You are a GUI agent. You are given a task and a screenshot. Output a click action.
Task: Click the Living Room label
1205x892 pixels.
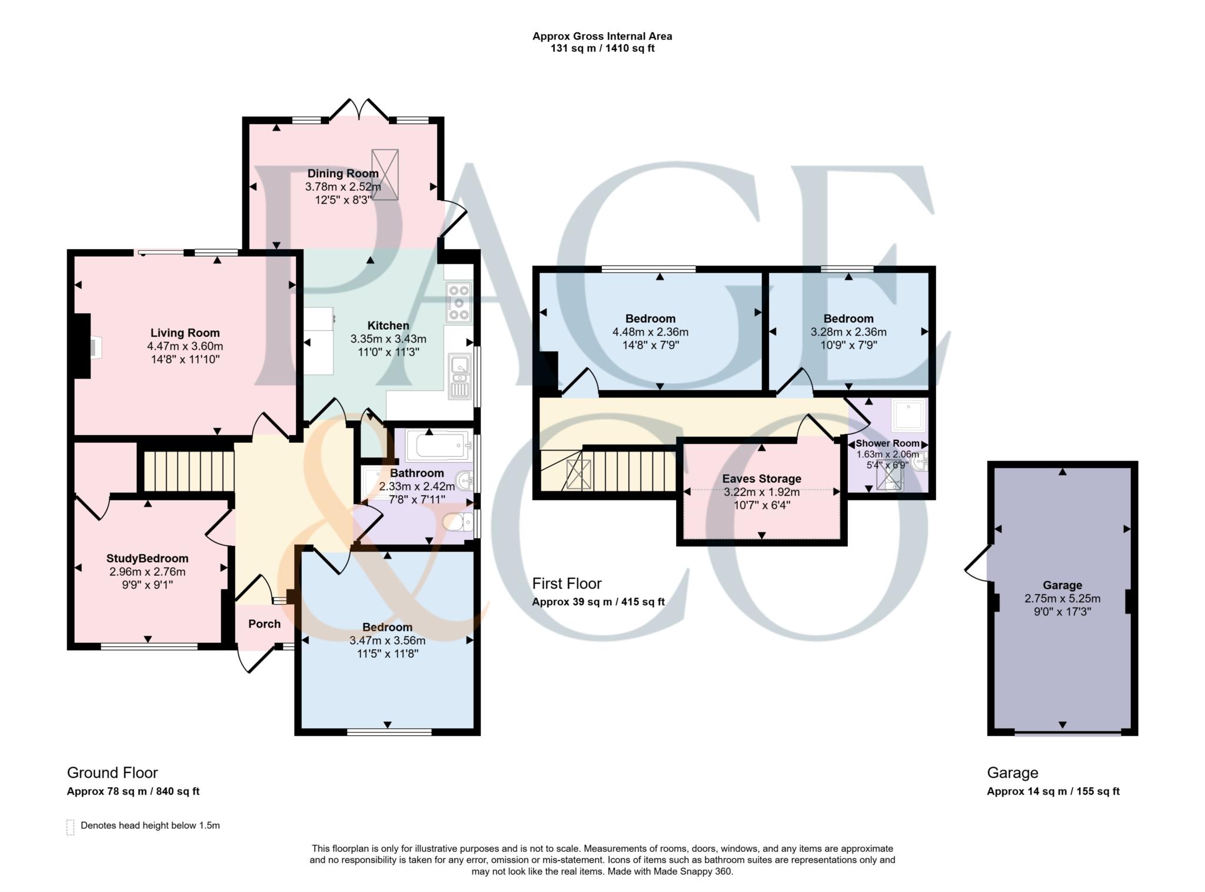185,333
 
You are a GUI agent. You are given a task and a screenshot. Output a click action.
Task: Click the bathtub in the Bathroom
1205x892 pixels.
438,446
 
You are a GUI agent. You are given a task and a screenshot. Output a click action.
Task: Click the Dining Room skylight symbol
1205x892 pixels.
385,174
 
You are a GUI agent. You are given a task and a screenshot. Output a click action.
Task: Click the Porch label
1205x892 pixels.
264,624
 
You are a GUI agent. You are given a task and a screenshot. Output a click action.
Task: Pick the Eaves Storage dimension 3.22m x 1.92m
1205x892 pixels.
761,492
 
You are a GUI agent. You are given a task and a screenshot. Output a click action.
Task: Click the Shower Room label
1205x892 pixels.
887,443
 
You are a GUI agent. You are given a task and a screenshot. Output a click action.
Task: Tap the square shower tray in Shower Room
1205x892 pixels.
908,415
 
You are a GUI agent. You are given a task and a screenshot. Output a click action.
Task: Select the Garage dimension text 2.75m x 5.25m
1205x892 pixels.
1062,598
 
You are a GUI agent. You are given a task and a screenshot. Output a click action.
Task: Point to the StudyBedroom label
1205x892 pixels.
147,558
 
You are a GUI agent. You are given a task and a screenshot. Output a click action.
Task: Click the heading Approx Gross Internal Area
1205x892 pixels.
602,36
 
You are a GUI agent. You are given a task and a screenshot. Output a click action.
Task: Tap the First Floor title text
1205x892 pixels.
567,583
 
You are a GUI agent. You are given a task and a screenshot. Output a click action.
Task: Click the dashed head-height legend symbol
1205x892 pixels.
71,827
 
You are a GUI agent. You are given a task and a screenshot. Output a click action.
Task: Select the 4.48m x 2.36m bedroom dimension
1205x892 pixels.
650,332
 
